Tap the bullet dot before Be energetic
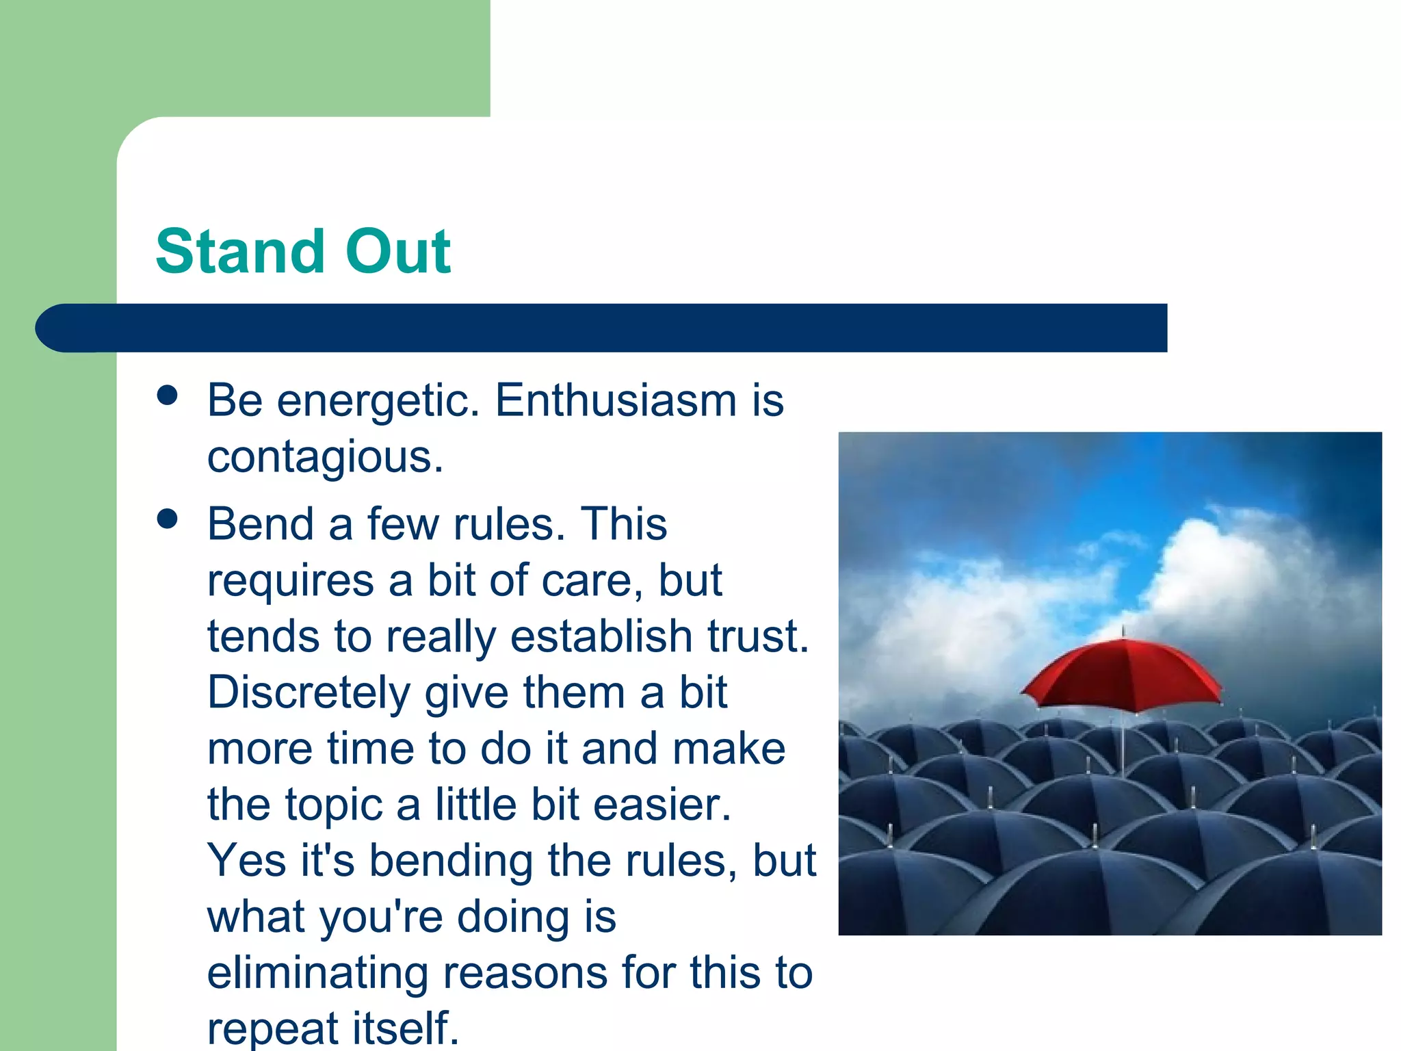(167, 395)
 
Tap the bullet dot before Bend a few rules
(167, 519)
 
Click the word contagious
(325, 457)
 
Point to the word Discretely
(308, 692)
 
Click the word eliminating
(317, 972)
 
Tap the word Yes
(246, 860)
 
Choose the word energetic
(378, 401)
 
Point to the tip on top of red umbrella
(1123, 630)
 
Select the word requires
(290, 580)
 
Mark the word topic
(333, 805)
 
